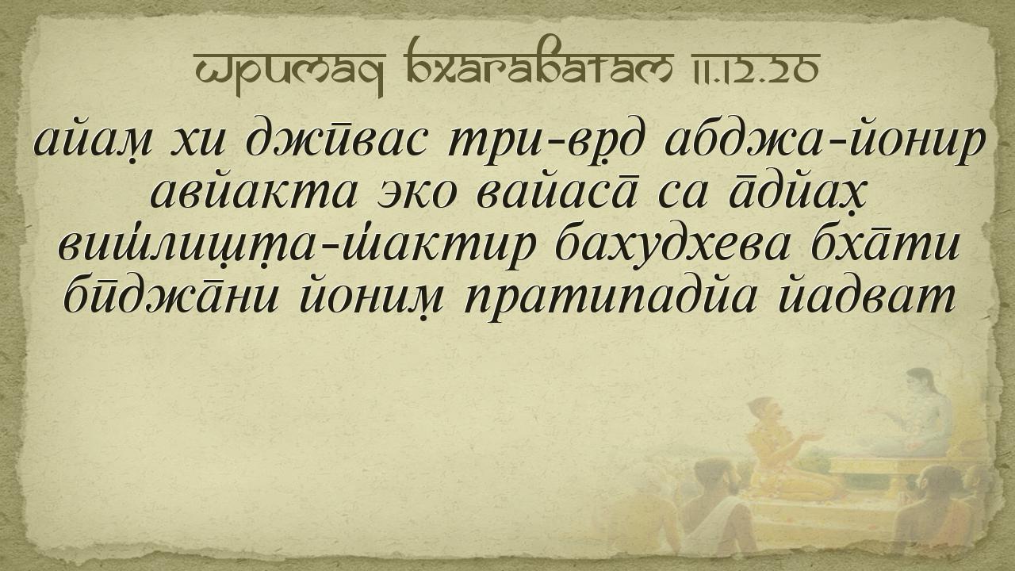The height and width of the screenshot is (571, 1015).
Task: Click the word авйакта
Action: pyautogui.click(x=254, y=193)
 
